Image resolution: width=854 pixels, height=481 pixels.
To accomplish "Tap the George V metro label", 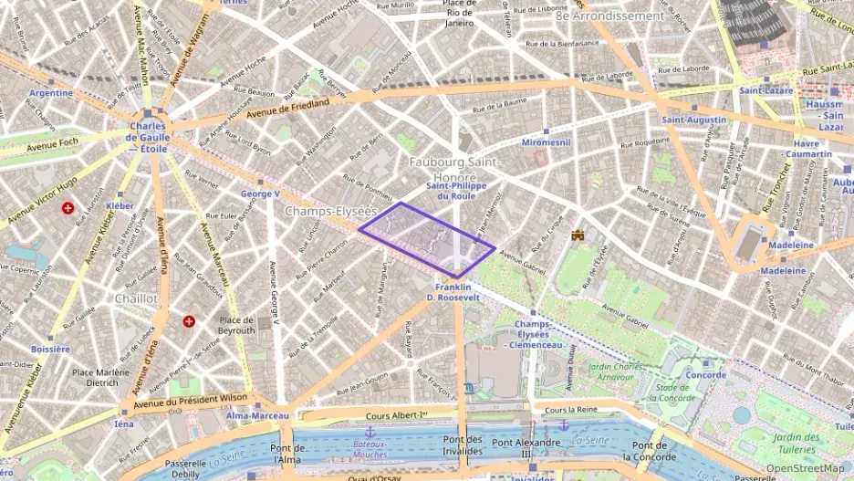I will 260,194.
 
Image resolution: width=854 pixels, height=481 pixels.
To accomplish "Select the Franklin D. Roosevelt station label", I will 453,292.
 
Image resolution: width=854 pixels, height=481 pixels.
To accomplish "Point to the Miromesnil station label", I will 546,143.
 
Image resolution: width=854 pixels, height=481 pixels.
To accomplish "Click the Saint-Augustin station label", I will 693,120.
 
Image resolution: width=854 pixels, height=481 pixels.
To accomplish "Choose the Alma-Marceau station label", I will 257,416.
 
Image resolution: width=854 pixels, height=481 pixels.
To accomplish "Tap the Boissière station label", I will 50,349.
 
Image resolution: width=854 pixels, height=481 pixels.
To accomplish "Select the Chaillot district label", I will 136,298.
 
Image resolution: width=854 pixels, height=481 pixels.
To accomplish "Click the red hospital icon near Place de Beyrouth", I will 189,321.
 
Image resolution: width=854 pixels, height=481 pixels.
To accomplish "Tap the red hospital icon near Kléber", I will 68,208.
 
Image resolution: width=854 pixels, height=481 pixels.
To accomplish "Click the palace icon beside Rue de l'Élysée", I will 578,235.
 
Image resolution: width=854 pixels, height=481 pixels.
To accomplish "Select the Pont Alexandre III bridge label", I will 526,448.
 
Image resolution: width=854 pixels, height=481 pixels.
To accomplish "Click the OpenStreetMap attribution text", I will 806,468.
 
